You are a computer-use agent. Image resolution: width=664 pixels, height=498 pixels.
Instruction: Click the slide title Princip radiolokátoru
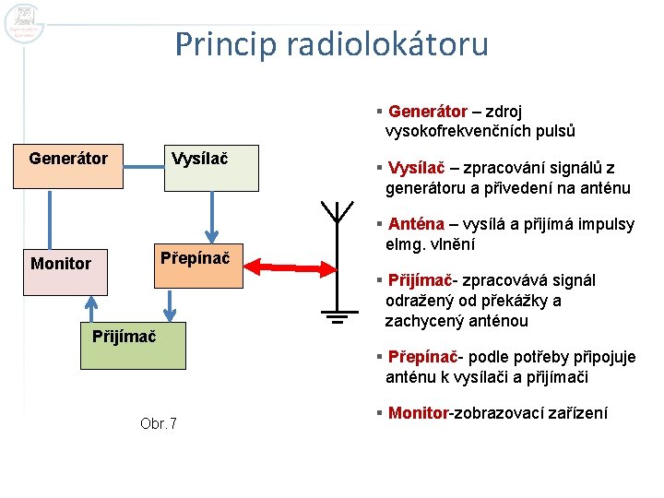pyautogui.click(x=331, y=43)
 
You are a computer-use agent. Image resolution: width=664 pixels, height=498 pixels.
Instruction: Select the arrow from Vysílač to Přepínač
pyautogui.click(x=211, y=216)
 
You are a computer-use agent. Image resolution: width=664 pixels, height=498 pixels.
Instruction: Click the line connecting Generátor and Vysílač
pyautogui.click(x=143, y=167)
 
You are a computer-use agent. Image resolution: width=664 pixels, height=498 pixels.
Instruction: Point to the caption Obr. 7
pyautogui.click(x=159, y=423)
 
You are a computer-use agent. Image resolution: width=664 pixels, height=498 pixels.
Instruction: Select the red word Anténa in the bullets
pyautogui.click(x=416, y=224)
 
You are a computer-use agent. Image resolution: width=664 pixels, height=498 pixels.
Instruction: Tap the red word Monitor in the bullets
pyautogui.click(x=418, y=413)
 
